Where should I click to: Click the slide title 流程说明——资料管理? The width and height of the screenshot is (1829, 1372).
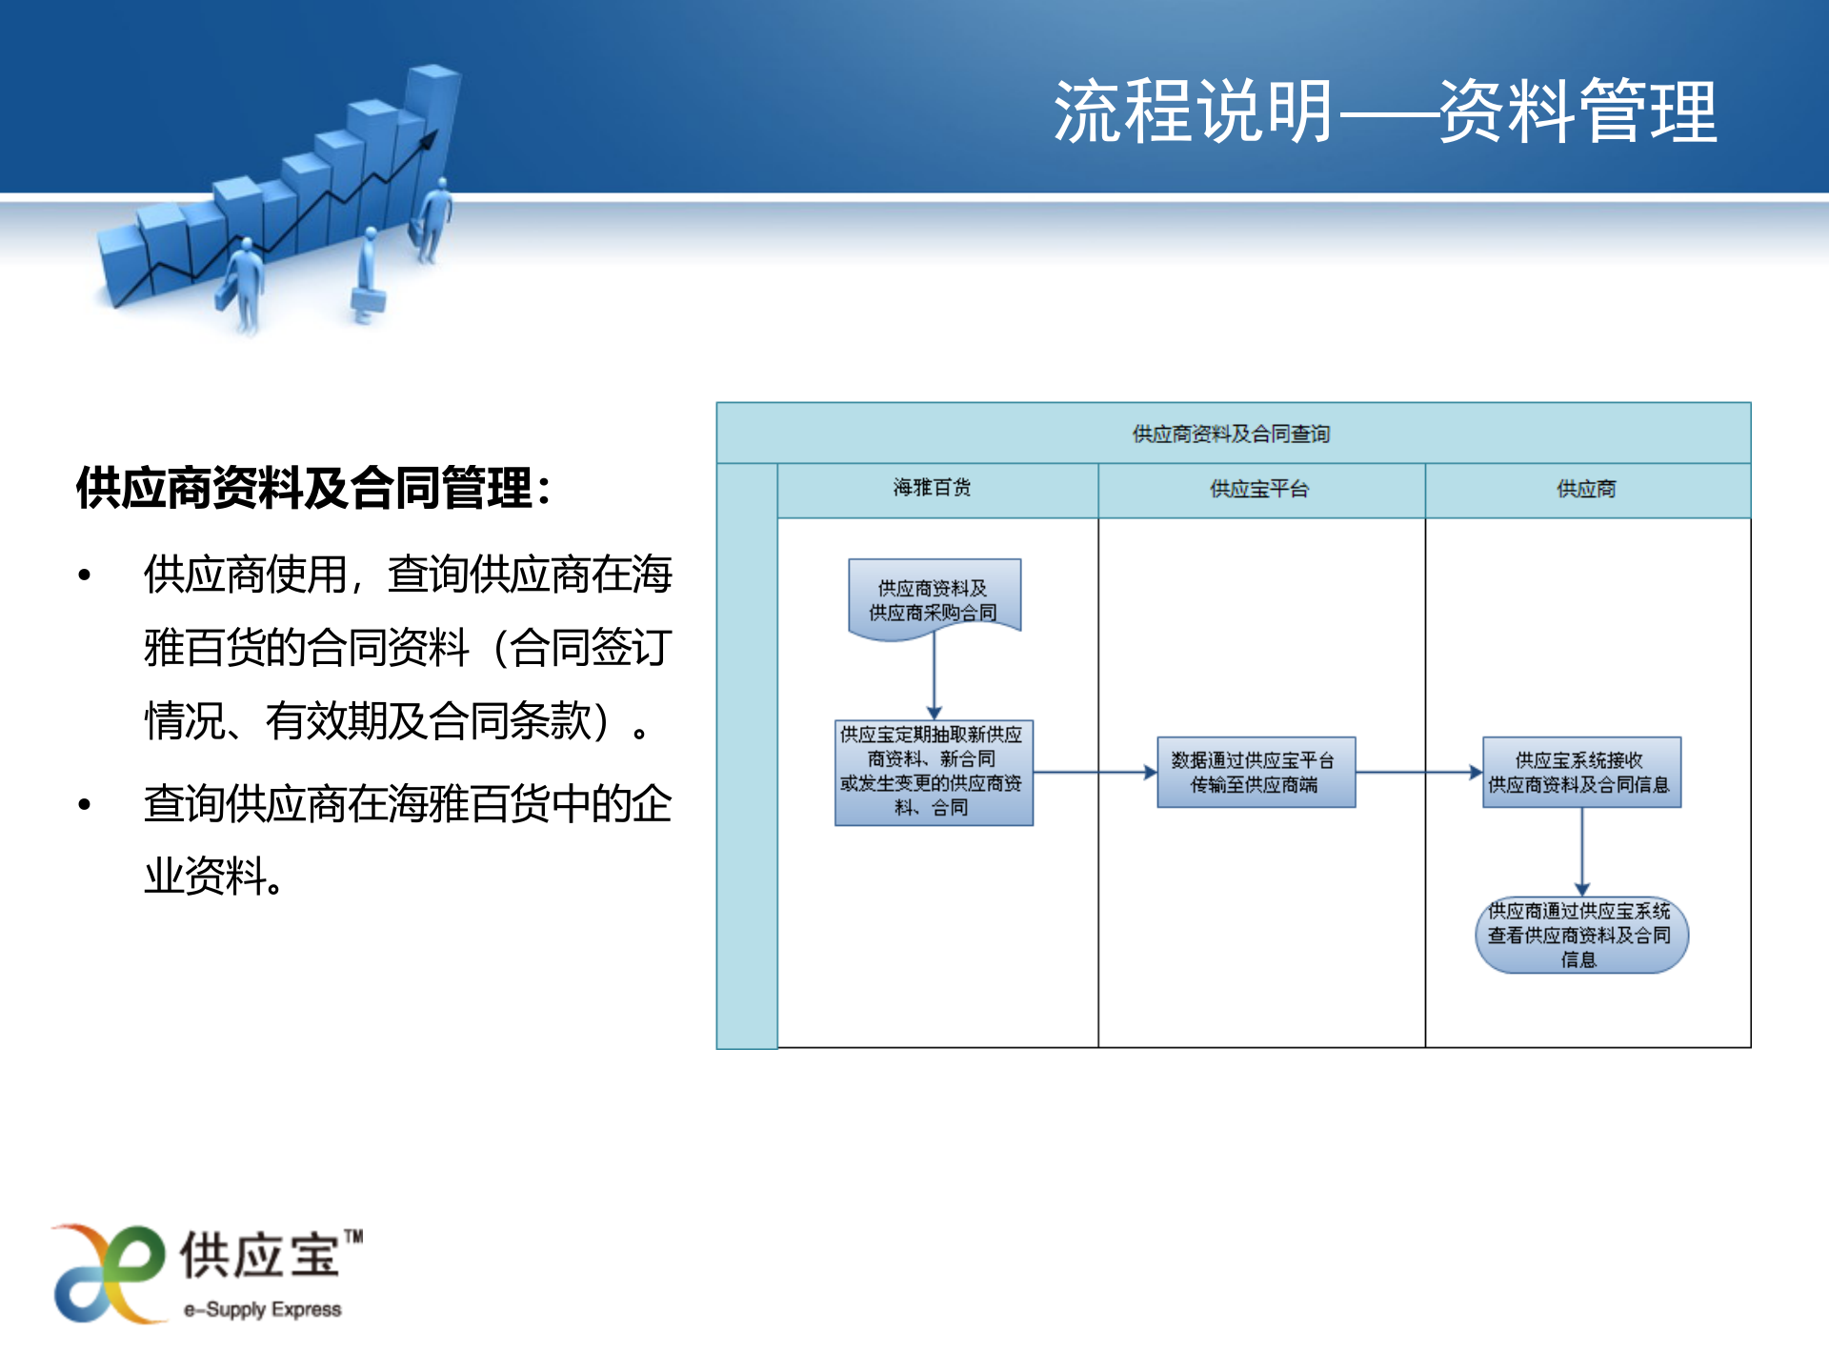[1386, 112]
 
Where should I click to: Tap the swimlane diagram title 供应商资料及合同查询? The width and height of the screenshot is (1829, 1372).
[1231, 434]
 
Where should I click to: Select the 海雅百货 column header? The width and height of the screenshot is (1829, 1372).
[932, 489]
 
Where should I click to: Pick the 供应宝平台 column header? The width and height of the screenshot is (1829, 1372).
[1259, 490]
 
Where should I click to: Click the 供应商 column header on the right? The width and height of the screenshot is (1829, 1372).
[1586, 490]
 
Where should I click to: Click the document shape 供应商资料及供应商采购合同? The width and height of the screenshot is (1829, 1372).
[934, 599]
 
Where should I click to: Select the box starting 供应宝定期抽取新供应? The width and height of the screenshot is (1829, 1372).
[933, 772]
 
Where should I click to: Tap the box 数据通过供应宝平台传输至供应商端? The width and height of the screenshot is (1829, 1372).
[1255, 773]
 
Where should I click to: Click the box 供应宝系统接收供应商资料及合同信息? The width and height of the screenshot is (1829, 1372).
[1580, 773]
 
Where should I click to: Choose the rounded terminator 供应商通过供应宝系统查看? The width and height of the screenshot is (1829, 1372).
[1580, 936]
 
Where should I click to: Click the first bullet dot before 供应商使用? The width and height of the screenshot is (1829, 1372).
[85, 575]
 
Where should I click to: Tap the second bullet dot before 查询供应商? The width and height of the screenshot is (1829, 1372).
[85, 805]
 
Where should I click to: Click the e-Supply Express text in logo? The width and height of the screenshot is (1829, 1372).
[263, 1310]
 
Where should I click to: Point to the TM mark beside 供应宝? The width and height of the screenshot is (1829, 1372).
[353, 1237]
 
